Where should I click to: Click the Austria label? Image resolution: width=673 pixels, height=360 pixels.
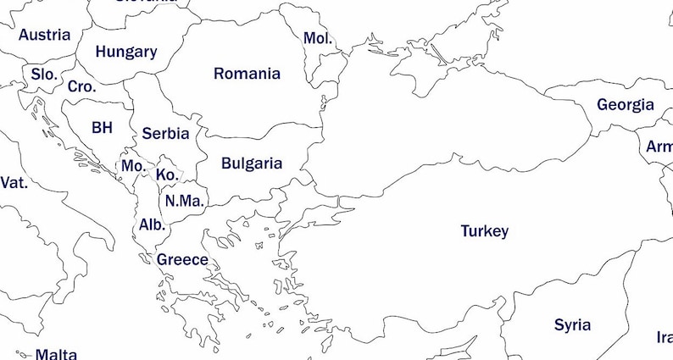pos(44,35)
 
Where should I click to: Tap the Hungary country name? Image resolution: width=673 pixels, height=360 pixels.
pos(125,52)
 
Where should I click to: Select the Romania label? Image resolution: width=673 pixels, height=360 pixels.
pos(247,74)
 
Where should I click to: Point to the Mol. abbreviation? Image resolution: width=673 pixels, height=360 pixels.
pos(318,38)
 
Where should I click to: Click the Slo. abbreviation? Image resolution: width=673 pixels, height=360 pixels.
pos(44,75)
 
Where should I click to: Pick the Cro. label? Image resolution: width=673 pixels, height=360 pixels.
pos(82,86)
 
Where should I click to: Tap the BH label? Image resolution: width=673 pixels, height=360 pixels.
pos(102,128)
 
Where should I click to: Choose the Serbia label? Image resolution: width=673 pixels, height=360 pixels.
pos(165,133)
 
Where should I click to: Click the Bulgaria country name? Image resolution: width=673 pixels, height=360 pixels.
pos(252,163)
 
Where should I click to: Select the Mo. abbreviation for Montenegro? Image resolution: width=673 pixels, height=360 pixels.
pos(133,166)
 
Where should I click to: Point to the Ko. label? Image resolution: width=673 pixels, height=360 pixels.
pos(167,174)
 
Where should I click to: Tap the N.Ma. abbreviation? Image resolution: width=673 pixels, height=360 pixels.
pos(184,201)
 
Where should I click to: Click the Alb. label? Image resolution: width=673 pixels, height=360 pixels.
pos(153,225)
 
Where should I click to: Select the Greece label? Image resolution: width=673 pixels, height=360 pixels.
pos(182,259)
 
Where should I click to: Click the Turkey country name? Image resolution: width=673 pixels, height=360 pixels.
pos(484,231)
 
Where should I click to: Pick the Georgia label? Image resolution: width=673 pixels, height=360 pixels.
pos(626,105)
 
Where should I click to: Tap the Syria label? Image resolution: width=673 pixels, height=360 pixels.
pos(572,324)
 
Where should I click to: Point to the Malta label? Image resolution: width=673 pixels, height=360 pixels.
pos(56,354)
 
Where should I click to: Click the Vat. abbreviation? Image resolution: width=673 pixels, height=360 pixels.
pos(14,182)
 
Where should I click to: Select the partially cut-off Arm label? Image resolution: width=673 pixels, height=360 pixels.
pos(659,147)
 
